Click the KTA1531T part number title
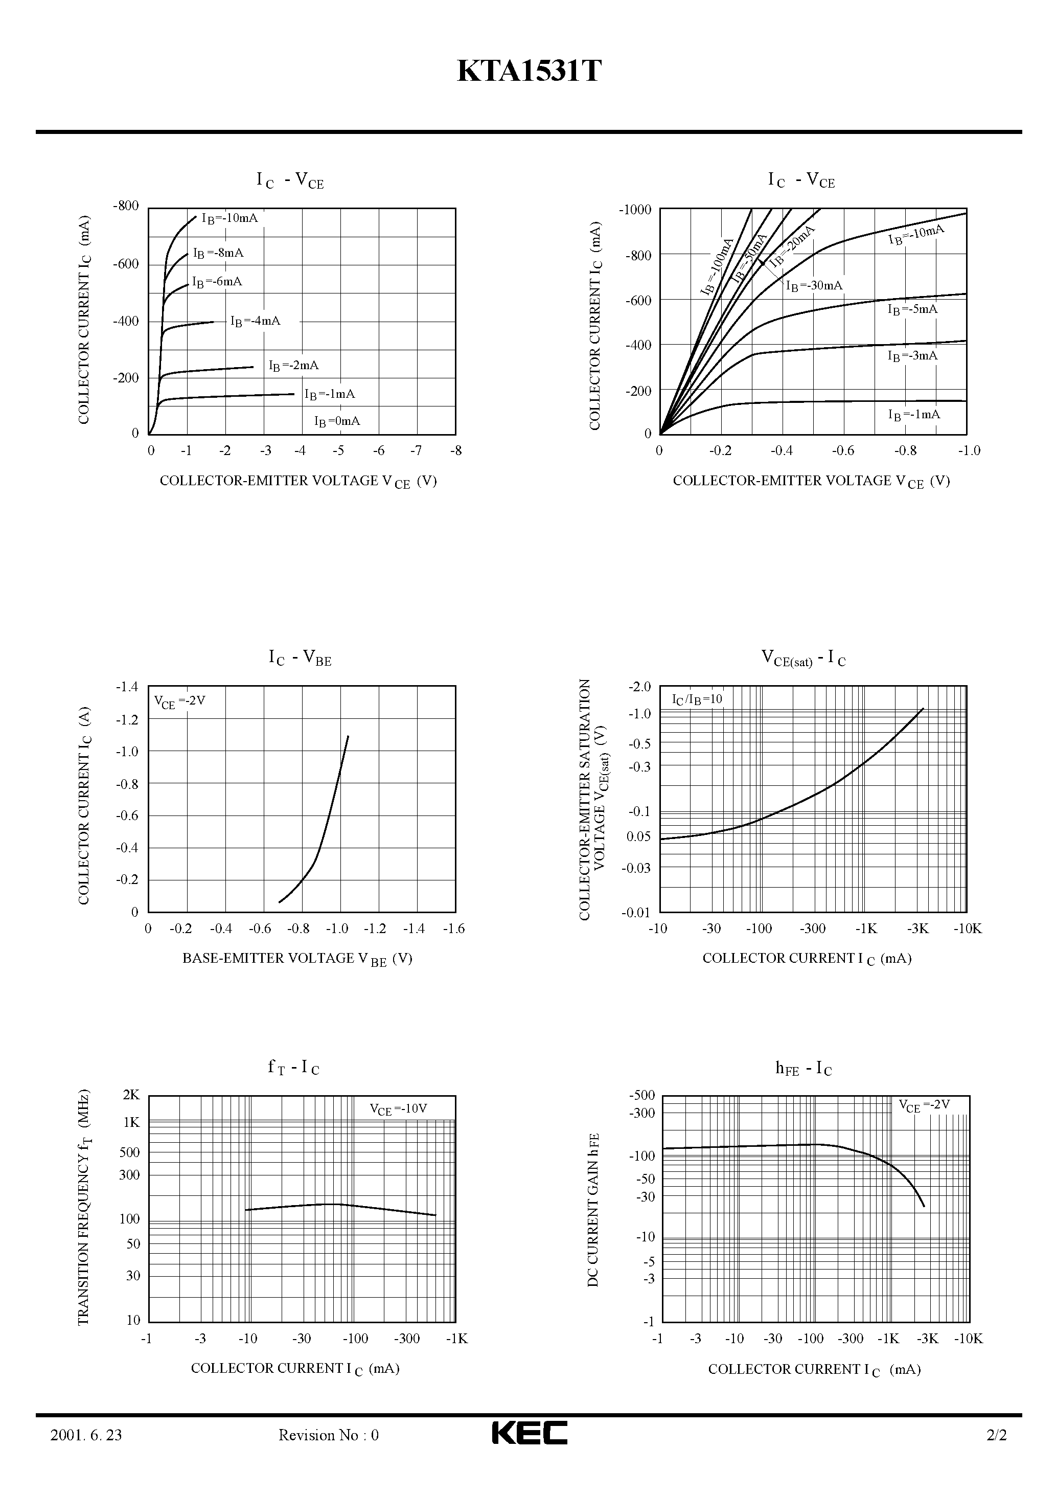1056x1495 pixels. tap(529, 72)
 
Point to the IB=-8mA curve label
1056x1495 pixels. tap(218, 253)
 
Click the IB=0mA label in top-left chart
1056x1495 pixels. tap(337, 421)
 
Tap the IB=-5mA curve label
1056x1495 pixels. tap(912, 309)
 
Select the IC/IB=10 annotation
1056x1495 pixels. tap(697, 700)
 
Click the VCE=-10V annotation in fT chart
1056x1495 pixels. tap(398, 1109)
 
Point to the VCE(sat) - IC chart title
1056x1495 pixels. tap(804, 658)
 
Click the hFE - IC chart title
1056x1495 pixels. tap(804, 1069)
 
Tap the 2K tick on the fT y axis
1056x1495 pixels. tap(131, 1095)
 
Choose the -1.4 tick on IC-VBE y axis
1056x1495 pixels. tap(127, 686)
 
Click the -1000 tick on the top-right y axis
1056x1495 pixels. tap(635, 210)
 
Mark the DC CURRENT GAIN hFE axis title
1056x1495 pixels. tap(593, 1209)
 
